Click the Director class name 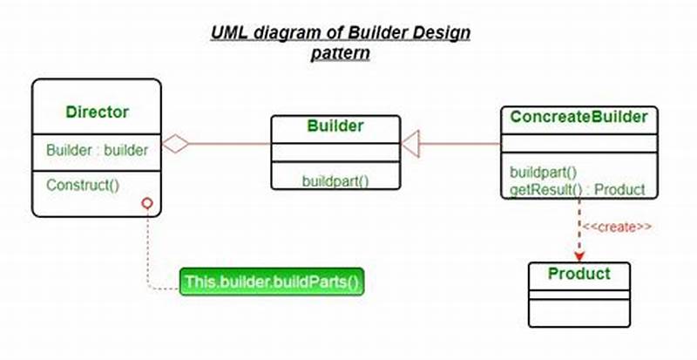coord(97,112)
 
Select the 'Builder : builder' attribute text coord(97,149)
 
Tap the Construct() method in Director coord(83,185)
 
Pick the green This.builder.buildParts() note coord(271,282)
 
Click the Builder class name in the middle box coord(335,126)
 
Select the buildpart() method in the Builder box coord(335,181)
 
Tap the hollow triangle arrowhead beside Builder coord(411,139)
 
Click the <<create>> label coord(617,227)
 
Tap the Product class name coord(579,275)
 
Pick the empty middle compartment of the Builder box coord(335,153)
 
